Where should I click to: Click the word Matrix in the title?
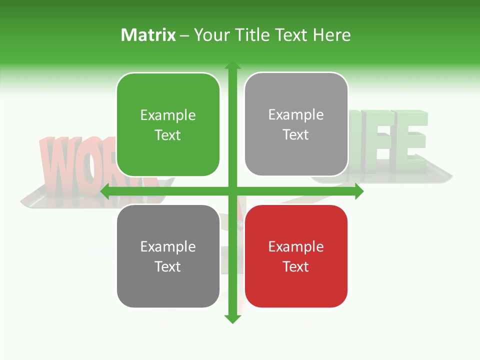coord(148,35)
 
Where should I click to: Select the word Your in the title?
coord(210,35)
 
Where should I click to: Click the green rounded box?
coord(168,124)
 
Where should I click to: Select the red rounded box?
coord(296,256)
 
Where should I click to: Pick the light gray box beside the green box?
coord(296,124)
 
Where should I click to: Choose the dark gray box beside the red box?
coord(168,256)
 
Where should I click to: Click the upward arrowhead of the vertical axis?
coord(232,65)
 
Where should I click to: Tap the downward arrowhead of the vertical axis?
coord(232,319)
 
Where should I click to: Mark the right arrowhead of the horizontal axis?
coord(359,191)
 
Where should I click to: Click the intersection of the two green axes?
coord(232,191)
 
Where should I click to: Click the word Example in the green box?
coord(168,115)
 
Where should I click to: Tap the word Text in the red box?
coord(296,266)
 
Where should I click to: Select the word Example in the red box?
coord(296,246)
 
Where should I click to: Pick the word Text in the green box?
coord(168,135)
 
